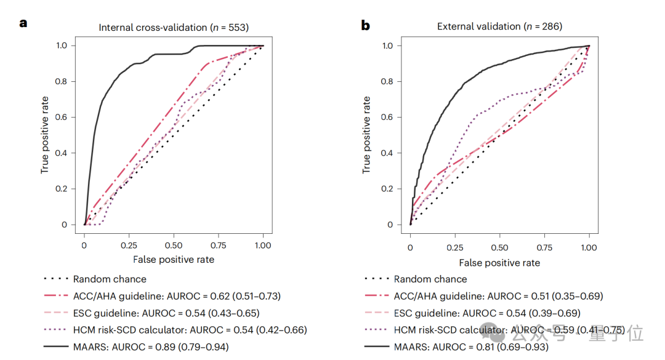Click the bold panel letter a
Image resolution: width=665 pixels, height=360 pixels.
pyautogui.click(x=23, y=24)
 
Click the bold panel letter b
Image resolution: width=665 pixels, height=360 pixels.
pyautogui.click(x=366, y=25)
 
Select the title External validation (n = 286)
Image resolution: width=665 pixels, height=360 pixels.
pyautogui.click(x=499, y=26)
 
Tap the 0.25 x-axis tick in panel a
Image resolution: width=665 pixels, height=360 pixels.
pyautogui.click(x=129, y=244)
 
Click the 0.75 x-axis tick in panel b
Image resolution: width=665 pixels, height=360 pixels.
pyautogui.click(x=544, y=248)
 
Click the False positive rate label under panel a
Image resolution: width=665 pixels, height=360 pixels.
pyautogui.click(x=174, y=260)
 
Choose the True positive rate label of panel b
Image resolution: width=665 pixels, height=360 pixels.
pyautogui.click(x=367, y=134)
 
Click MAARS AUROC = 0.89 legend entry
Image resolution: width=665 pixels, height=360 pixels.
pyautogui.click(x=151, y=347)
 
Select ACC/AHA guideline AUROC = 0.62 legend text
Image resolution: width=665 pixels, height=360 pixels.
pyautogui.click(x=177, y=296)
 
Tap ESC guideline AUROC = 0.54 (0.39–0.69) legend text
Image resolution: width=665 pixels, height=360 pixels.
pyautogui.click(x=487, y=313)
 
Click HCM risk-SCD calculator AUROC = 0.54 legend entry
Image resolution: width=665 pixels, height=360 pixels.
pyautogui.click(x=190, y=330)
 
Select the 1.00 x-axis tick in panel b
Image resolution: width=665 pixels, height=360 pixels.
pyautogui.click(x=589, y=248)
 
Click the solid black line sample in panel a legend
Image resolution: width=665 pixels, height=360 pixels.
pyautogui.click(x=55, y=347)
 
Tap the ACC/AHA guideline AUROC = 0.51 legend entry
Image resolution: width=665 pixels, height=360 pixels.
pyautogui.click(x=498, y=296)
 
